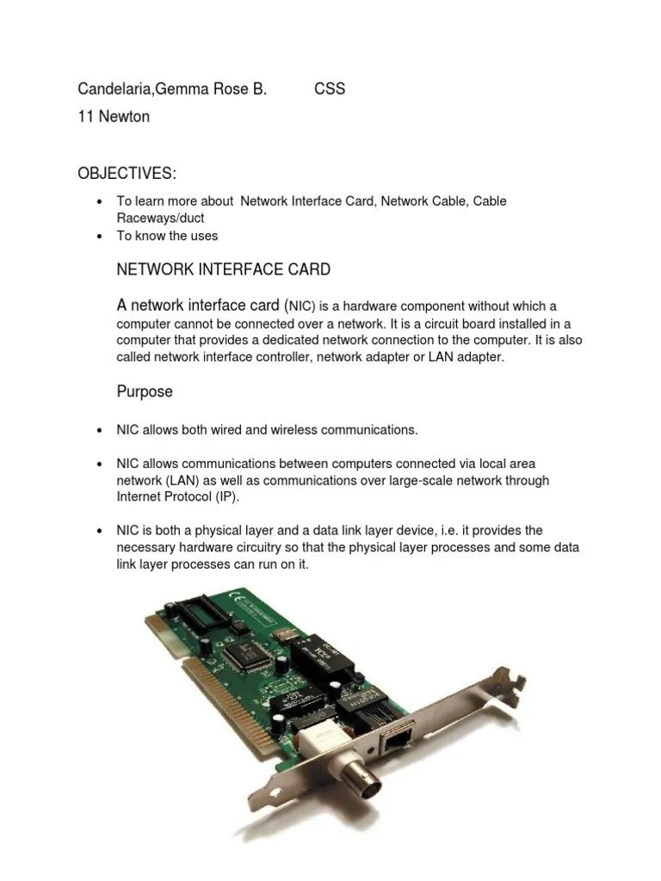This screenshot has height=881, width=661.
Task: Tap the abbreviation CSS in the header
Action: tap(330, 89)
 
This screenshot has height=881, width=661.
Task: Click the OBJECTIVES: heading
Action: tap(127, 175)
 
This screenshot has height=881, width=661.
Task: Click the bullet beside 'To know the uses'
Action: tap(100, 236)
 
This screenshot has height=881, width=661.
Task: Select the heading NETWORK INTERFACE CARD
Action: tap(223, 270)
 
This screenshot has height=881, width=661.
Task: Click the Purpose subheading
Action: tap(145, 391)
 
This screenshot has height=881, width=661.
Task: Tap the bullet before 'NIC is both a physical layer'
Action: tap(100, 532)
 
